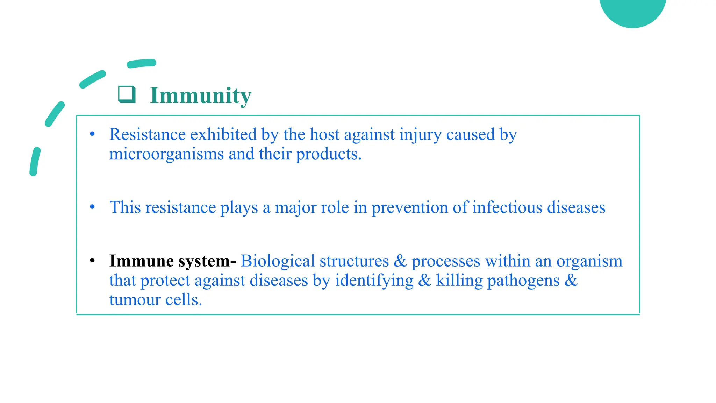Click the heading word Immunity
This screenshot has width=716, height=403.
point(200,96)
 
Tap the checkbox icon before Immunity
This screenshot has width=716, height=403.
point(127,94)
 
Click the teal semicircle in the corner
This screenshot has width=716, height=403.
point(632,10)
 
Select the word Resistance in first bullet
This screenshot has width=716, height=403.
point(147,135)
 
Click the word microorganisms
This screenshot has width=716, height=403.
point(166,154)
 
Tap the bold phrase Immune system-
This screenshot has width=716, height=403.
point(173,261)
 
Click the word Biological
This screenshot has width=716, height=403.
point(278,261)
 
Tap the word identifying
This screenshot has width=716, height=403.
point(374,281)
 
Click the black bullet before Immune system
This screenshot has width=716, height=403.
point(92,261)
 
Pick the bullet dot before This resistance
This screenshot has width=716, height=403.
point(92,207)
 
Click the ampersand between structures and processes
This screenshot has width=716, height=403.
point(400,261)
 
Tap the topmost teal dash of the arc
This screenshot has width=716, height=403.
point(142,63)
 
